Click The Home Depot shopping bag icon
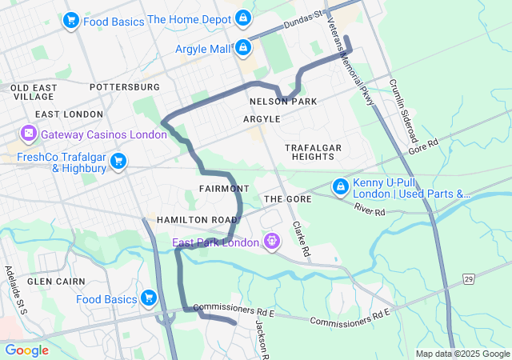click(x=243, y=18)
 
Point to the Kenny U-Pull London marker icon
click(x=340, y=186)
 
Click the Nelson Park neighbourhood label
click(x=283, y=102)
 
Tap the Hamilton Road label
click(x=197, y=219)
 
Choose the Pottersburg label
click(x=126, y=86)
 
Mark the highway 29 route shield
click(x=469, y=278)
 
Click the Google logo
click(x=26, y=350)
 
